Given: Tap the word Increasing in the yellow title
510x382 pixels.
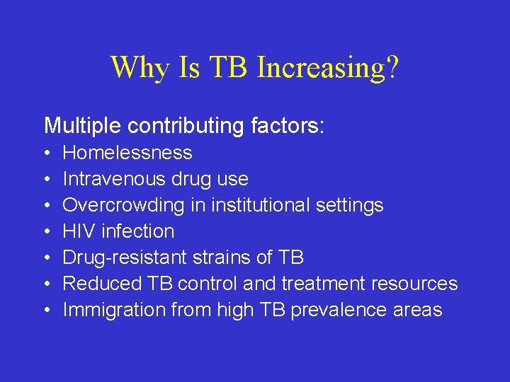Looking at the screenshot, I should [x=319, y=68].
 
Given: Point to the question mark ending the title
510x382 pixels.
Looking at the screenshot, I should [x=392, y=68].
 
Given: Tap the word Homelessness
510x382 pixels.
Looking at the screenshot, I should [x=127, y=153].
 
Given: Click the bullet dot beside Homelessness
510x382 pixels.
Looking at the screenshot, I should [x=46, y=154].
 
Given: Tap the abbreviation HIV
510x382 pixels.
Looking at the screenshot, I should [x=79, y=231].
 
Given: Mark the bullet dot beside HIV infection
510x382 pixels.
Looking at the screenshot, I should [x=46, y=232].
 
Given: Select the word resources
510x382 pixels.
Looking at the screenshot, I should [x=415, y=284].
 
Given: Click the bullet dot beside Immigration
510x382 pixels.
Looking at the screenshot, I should [x=46, y=311].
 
